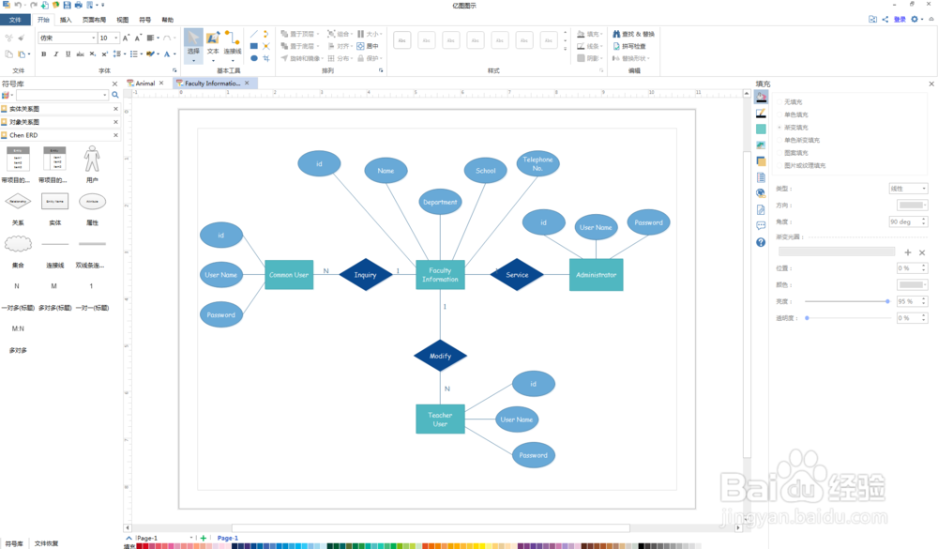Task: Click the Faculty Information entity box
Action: (x=440, y=275)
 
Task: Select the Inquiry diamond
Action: (x=365, y=275)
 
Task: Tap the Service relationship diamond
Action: (x=517, y=275)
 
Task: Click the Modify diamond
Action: (x=440, y=356)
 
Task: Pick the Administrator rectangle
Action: (x=596, y=275)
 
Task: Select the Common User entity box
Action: (x=289, y=275)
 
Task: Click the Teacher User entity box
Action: (x=440, y=419)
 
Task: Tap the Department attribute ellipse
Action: (x=440, y=202)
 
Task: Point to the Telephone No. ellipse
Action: (x=537, y=164)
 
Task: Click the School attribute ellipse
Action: (x=485, y=171)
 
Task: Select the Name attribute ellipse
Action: (x=386, y=171)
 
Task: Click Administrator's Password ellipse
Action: (x=648, y=223)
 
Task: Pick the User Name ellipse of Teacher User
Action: (x=517, y=419)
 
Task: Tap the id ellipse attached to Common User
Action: (x=221, y=236)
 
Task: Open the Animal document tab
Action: (x=144, y=84)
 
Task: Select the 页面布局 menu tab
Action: (x=94, y=19)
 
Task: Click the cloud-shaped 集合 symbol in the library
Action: (x=18, y=244)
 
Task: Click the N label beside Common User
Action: (x=326, y=271)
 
